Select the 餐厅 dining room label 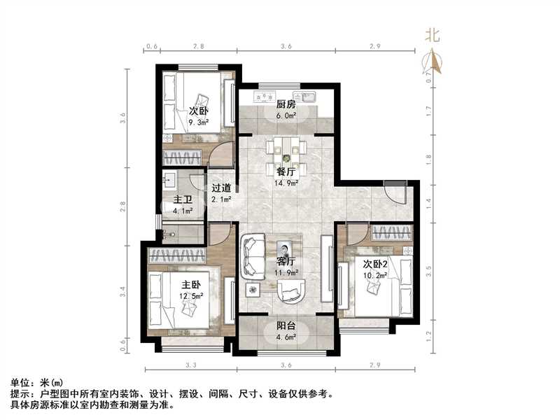tap(284, 171)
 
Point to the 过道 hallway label tap(221, 188)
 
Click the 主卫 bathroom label tap(182, 198)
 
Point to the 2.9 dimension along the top tap(375, 45)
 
